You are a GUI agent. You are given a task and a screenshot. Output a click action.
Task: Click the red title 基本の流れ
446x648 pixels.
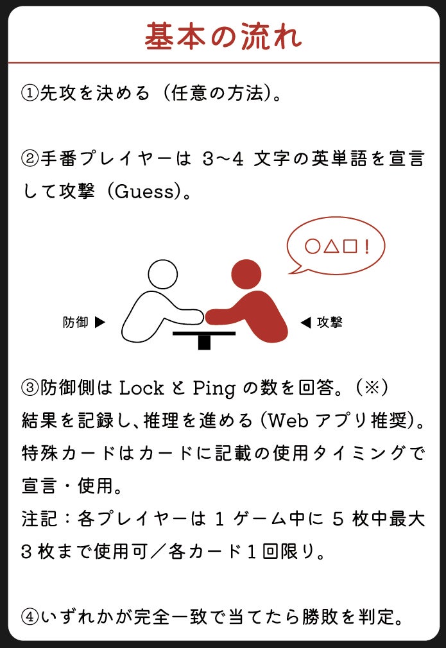click(223, 37)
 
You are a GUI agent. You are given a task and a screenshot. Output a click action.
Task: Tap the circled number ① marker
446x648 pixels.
click(30, 93)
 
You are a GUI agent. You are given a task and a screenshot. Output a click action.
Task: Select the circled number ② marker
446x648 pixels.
click(30, 158)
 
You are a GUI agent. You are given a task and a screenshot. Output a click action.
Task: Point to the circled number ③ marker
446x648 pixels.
click(30, 388)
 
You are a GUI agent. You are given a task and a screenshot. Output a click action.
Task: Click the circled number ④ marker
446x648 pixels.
click(30, 617)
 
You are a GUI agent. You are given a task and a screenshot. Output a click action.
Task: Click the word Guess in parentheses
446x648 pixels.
click(144, 191)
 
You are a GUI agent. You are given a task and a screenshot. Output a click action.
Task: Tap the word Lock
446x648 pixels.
click(141, 388)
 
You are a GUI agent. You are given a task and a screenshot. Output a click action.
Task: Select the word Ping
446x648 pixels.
click(214, 388)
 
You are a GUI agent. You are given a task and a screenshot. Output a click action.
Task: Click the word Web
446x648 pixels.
click(288, 420)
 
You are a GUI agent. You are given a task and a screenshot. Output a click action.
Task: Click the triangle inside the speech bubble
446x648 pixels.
click(332, 246)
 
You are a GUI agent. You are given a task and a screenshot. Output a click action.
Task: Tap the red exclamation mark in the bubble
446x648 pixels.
click(366, 247)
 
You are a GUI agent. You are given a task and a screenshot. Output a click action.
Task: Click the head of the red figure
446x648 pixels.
click(246, 274)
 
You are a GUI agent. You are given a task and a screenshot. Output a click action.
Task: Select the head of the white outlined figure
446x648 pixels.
click(163, 274)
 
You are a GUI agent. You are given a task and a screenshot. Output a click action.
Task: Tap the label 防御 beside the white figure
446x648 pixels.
click(76, 322)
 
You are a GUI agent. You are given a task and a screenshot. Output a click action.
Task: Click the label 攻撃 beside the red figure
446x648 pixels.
click(329, 322)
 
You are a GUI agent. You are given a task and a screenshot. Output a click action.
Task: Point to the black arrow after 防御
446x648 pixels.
click(100, 322)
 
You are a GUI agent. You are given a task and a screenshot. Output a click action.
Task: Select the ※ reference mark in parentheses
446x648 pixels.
click(372, 388)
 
